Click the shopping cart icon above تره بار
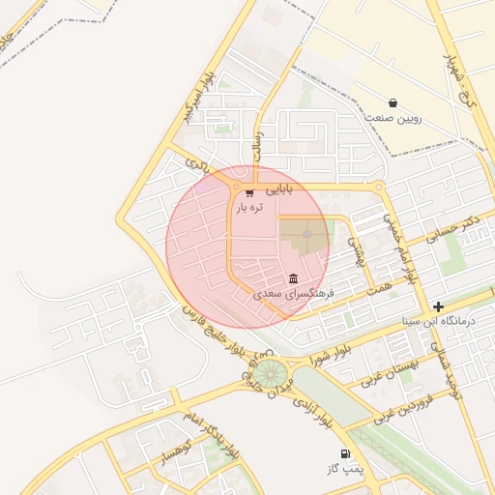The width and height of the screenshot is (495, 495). coord(250,192)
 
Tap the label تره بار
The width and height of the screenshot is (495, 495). coord(249,207)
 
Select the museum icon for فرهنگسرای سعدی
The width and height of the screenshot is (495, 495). coord(294,278)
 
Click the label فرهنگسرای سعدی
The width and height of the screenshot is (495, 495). coord(294,292)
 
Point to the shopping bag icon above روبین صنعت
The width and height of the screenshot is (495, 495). coord(393,102)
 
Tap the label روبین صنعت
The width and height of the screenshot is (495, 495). coord(393,117)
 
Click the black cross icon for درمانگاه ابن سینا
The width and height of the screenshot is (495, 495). coord(439,306)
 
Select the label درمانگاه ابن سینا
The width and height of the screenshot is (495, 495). coord(439,320)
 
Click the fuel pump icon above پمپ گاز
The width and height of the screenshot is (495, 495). coord(344,454)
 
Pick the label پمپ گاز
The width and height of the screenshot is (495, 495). coord(344,469)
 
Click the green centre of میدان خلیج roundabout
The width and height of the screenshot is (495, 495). coord(271,372)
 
